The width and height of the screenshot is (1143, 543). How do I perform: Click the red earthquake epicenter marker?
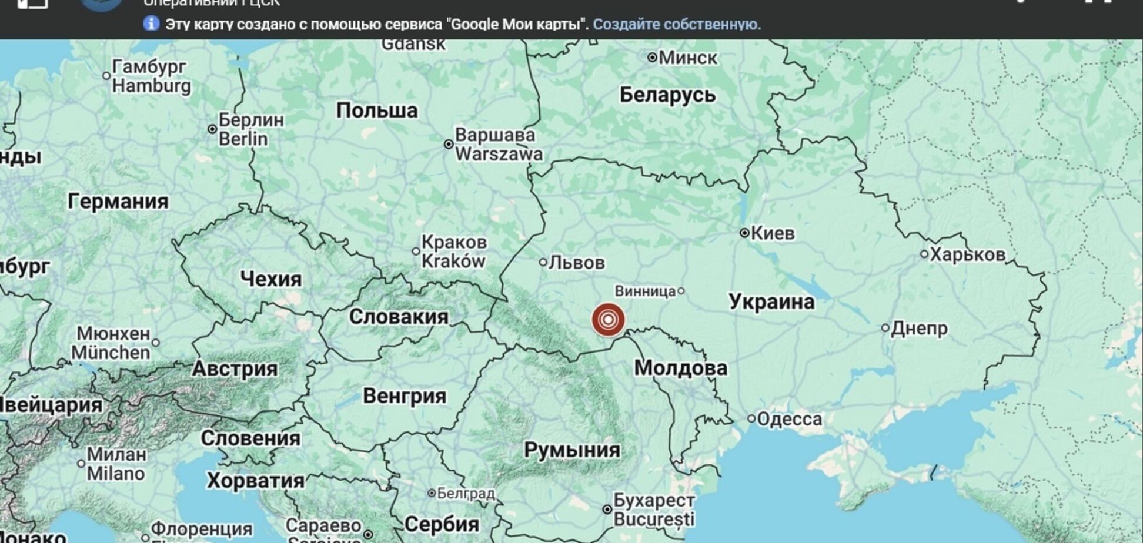coord(608,320)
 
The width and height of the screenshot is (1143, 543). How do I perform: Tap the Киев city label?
coord(773,233)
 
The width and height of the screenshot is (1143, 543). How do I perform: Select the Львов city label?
coord(576,262)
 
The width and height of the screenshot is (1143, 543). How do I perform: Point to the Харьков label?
coord(967,254)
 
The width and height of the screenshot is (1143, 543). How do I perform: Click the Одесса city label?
coord(789,419)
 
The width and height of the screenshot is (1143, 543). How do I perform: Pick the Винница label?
coord(645,291)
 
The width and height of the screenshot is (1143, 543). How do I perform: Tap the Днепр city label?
coord(919,328)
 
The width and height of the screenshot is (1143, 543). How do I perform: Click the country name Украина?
coord(771,301)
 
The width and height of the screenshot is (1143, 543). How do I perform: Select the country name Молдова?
coord(680,368)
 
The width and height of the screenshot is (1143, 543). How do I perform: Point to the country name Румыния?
coord(571,450)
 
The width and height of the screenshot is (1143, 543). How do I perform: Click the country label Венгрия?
coord(404,396)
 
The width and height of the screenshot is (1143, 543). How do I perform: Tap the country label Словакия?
coord(398,317)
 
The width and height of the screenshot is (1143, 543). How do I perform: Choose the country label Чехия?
coord(270,279)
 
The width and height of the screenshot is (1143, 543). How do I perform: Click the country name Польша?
coord(377,110)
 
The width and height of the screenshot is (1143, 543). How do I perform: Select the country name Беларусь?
coord(667,95)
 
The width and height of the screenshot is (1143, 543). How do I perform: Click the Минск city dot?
coord(652,58)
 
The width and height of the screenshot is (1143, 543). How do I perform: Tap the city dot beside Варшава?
coord(449,144)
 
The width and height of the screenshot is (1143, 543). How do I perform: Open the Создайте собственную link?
coord(676,25)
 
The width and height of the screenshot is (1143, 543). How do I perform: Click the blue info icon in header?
coord(151,24)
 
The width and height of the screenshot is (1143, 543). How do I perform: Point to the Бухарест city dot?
coord(607,510)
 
